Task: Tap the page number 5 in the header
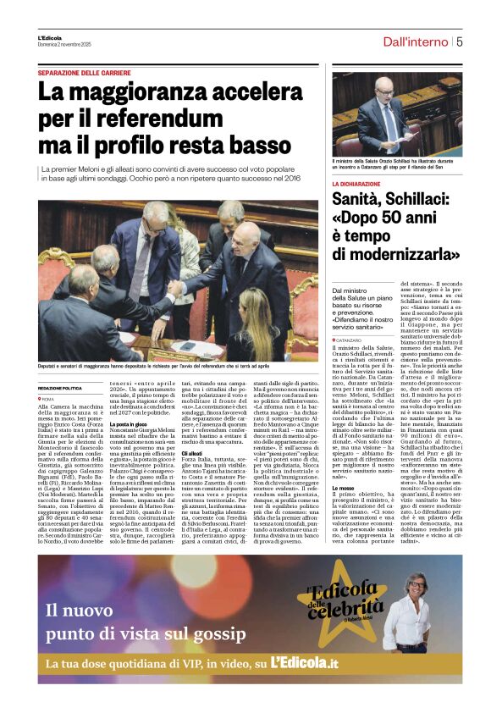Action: coord(459,41)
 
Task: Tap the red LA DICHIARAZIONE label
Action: coord(356,184)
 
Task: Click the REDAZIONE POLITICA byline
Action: coord(60,387)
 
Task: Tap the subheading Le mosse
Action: coord(343,488)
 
